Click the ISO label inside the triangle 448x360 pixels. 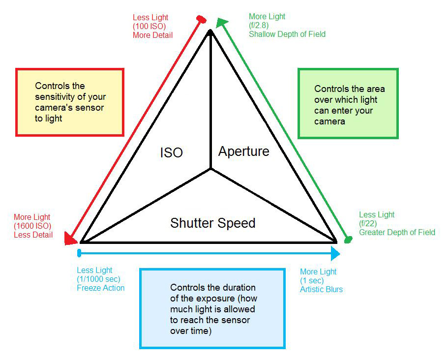click(171, 152)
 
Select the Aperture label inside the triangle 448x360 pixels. click(244, 151)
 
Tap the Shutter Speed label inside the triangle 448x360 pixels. click(212, 223)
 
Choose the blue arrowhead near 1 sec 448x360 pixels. click(335, 254)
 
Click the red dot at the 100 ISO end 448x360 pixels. click(201, 19)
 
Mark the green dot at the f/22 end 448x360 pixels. click(348, 240)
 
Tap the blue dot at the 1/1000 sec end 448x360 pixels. click(79, 253)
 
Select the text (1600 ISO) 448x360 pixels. click(32, 226)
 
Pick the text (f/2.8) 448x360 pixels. click(261, 25)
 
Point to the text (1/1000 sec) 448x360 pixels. click(98, 279)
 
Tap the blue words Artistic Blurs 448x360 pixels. click(321, 289)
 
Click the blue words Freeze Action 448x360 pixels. click(100, 288)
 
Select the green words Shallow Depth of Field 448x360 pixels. click(287, 34)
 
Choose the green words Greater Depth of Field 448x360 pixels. click(397, 232)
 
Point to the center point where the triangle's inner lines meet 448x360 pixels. click(211, 169)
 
